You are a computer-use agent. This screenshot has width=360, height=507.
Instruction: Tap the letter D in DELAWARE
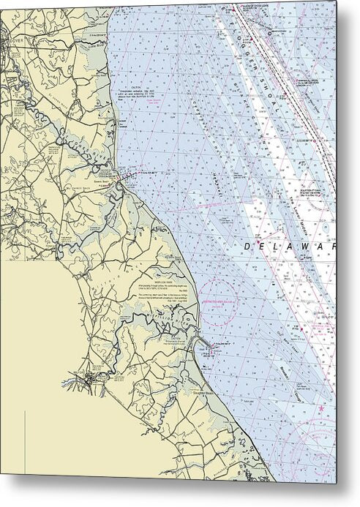pyautogui.click(x=248, y=246)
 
